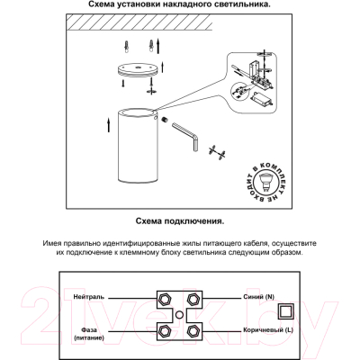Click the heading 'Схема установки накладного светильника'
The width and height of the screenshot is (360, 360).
coord(179,5)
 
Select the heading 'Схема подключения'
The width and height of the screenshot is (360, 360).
coord(179,220)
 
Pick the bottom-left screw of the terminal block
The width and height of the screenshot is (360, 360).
coord(164,331)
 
